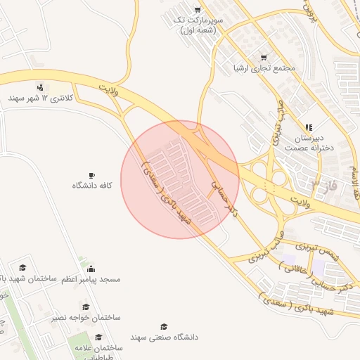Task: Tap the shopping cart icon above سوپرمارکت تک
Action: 198,10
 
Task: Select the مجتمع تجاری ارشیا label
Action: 263,69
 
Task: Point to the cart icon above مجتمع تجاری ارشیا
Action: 264,57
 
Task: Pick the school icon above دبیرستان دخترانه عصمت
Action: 309,127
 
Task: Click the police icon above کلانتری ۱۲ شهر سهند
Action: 40,86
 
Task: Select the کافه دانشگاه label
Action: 92,186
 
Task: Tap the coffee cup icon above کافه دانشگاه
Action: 92,175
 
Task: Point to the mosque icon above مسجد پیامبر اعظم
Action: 91,268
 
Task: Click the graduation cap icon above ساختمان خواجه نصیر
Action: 86,307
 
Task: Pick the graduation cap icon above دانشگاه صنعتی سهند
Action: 164,327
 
